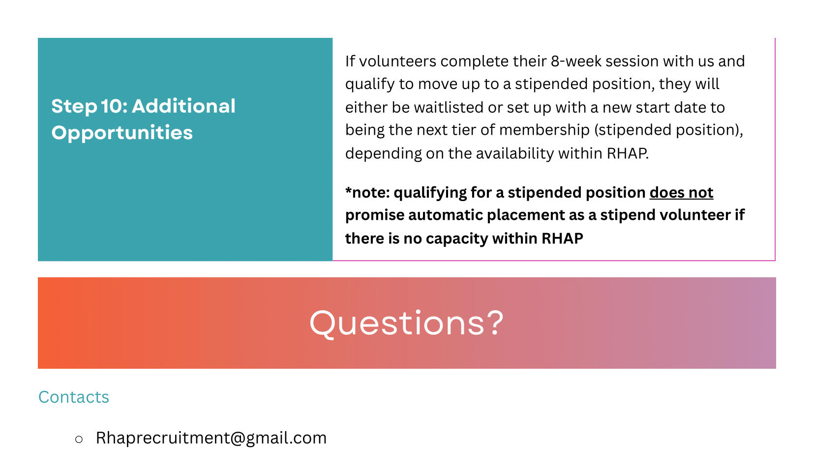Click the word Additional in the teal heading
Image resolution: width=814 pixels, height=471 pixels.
(x=183, y=106)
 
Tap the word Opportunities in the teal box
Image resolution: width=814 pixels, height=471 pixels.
(x=122, y=133)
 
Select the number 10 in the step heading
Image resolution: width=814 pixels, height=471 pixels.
(x=112, y=106)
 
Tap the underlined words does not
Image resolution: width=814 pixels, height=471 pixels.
(x=681, y=192)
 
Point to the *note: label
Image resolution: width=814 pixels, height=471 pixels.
(x=367, y=192)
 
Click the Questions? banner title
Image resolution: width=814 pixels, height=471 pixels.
(x=406, y=323)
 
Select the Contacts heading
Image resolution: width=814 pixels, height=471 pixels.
(x=74, y=397)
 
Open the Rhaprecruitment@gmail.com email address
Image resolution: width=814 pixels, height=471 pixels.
(x=211, y=438)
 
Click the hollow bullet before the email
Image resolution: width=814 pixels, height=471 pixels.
(x=79, y=440)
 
